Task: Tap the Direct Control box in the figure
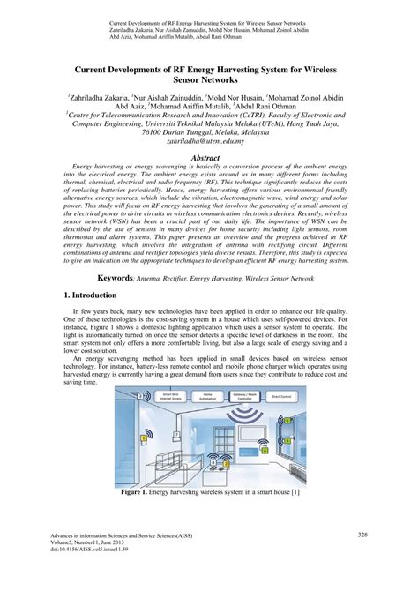pos(281,398)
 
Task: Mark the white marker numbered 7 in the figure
pos(177,435)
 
